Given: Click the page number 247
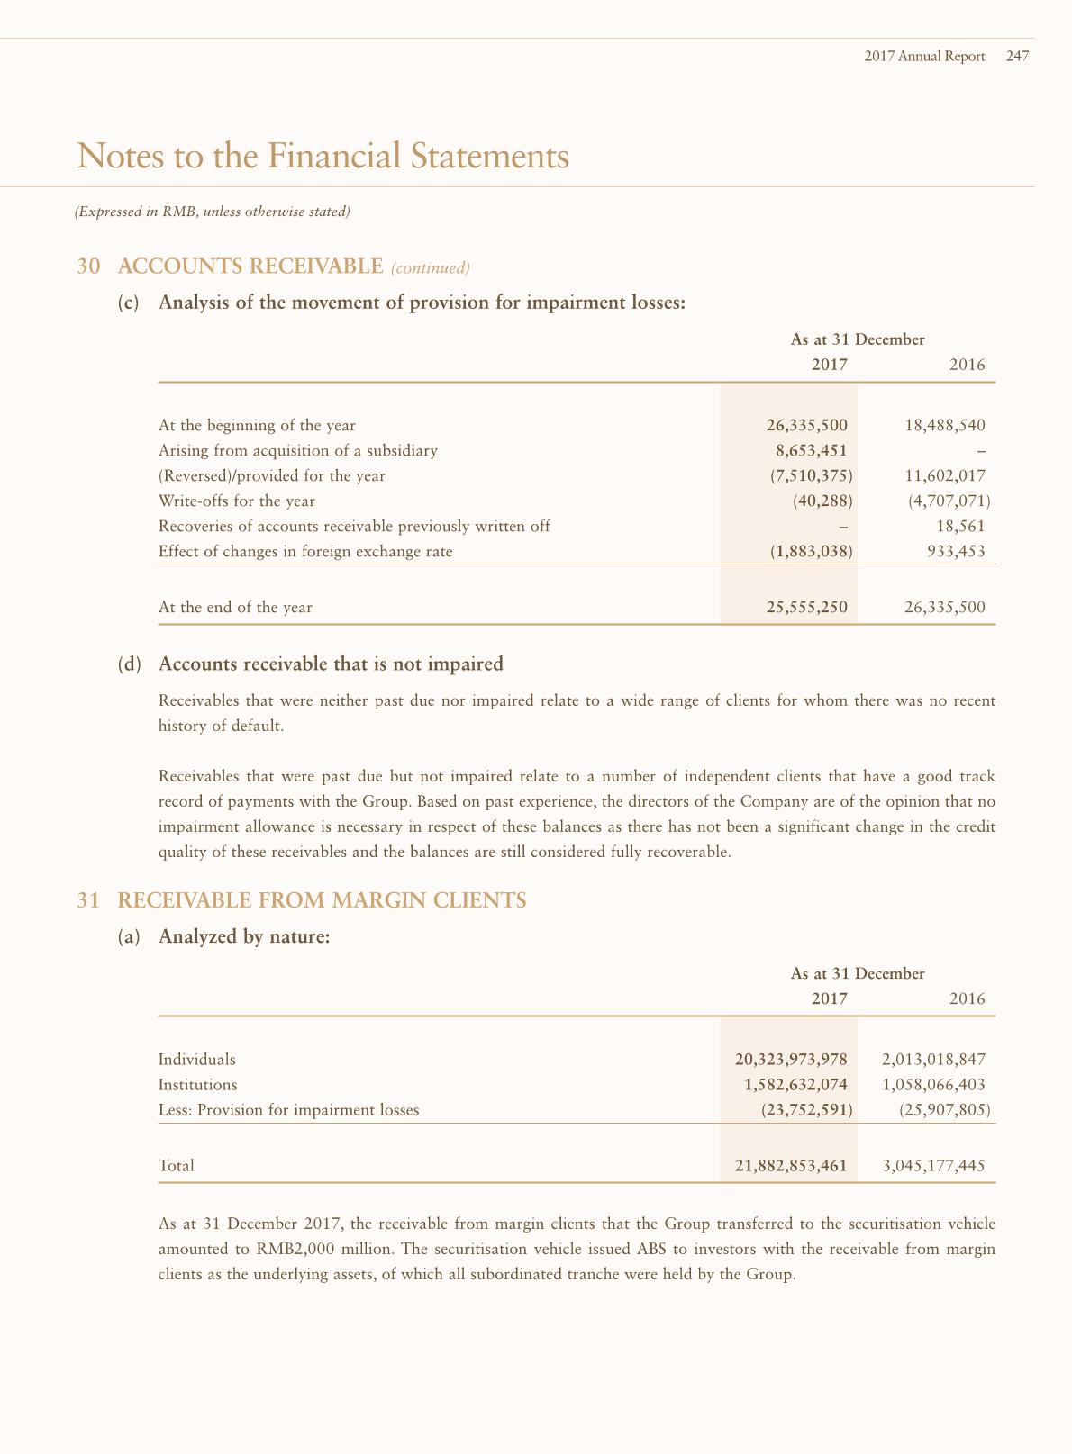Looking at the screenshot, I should [x=1017, y=56].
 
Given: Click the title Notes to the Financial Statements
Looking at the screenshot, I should [x=323, y=156].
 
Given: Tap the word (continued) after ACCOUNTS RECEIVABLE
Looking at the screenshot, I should [x=431, y=267].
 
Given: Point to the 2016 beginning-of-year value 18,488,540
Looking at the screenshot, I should [x=944, y=425].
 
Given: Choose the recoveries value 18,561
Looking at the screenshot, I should [x=960, y=526].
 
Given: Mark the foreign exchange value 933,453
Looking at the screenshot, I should [x=956, y=551].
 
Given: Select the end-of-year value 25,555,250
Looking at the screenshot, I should [x=806, y=607].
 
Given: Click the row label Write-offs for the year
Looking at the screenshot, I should [x=237, y=501].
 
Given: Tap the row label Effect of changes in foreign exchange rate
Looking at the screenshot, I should [x=305, y=551].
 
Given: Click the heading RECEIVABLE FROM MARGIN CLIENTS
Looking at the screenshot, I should [x=322, y=900].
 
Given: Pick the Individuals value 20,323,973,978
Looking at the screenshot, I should [x=791, y=1059].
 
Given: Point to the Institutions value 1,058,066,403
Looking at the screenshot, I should [x=933, y=1084].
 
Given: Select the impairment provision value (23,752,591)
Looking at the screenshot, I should [x=806, y=1109].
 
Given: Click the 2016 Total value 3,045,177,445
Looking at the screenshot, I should [x=933, y=1165].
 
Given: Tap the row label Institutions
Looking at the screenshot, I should [x=197, y=1084].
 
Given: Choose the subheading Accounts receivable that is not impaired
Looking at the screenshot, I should [x=331, y=664].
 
